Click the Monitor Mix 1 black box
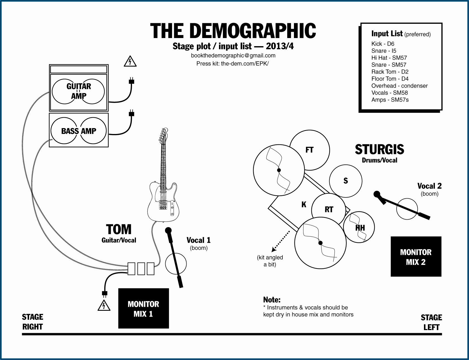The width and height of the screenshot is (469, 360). pos(143,308)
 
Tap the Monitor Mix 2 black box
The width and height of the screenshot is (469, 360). pos(416,257)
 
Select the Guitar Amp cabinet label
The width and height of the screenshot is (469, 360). pos(79,91)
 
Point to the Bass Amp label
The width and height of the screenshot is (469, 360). pos(79,131)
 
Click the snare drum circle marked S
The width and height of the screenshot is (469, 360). pos(346,181)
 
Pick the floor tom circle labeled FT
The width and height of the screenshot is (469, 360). pos(310,150)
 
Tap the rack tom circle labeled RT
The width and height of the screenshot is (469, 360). pos(329,209)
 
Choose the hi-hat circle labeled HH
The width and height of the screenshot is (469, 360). pos(360,227)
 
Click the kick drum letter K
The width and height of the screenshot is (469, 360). pos(304,205)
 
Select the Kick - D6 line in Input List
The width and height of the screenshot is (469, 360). pos(383,44)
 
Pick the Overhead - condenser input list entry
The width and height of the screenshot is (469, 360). pos(399,86)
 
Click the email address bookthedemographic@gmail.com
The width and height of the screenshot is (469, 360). pos(233,55)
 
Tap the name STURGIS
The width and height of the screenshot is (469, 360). pos(380,149)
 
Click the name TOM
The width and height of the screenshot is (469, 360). pos(119,229)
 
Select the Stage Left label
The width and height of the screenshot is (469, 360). pos(431,322)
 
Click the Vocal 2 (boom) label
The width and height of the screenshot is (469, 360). pos(429,189)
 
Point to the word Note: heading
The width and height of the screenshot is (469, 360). pos(272,300)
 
